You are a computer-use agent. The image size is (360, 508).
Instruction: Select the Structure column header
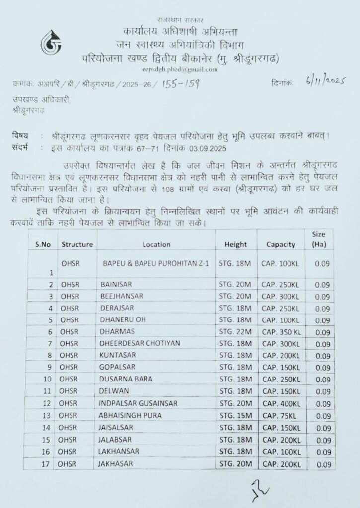77,244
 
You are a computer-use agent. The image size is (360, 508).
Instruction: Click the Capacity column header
281,244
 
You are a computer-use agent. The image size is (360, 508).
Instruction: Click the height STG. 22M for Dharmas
235,331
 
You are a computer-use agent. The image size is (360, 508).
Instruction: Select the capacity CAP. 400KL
281,403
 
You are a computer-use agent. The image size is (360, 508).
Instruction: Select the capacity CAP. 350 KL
282,331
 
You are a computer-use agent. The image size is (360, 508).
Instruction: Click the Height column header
235,244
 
